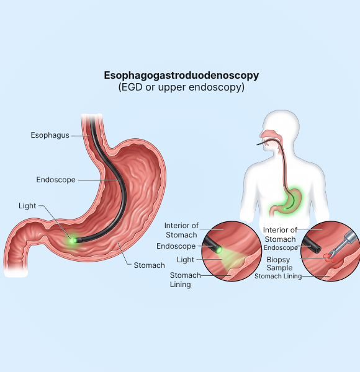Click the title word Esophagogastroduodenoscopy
[x=181, y=76]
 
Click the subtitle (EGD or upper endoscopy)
[x=181, y=87]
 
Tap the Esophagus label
[x=50, y=135]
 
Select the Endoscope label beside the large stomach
[x=56, y=180]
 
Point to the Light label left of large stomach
[x=27, y=206]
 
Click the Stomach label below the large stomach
[x=149, y=265]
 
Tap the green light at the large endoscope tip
[x=72, y=241]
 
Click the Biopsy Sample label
[x=279, y=263]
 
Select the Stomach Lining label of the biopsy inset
[x=278, y=276]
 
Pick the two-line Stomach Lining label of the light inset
[x=185, y=280]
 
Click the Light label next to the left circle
[x=186, y=260]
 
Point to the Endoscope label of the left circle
[x=176, y=246]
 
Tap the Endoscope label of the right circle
[x=281, y=247]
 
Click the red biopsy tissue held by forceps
[x=328, y=258]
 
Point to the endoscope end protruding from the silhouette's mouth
[x=259, y=144]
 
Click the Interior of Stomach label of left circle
[x=181, y=230]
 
